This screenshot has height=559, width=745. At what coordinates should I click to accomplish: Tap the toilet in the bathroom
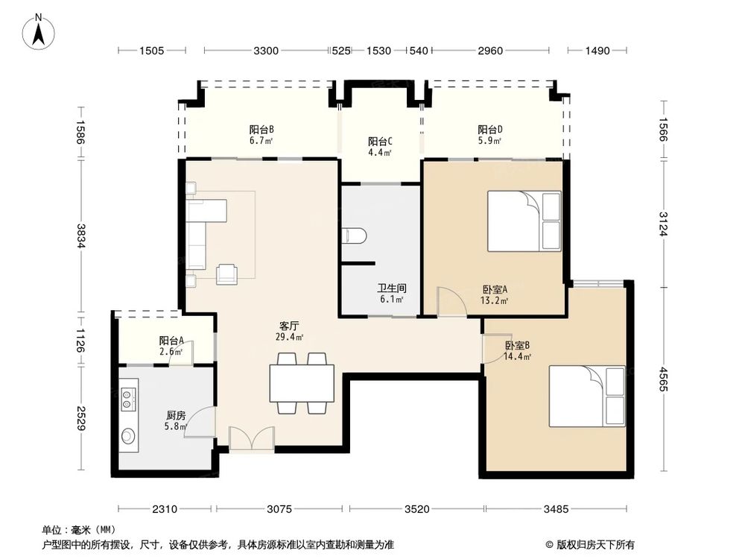click(355, 236)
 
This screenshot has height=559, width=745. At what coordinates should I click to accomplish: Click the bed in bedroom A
click(524, 221)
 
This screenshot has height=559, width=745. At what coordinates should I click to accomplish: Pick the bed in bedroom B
click(587, 397)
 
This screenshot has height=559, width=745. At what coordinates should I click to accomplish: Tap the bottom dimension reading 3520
click(417, 509)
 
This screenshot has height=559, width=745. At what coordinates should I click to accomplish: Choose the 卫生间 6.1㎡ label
click(390, 293)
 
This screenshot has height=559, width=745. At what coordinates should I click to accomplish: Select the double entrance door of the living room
click(251, 440)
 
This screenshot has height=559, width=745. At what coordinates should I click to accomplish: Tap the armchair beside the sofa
click(227, 274)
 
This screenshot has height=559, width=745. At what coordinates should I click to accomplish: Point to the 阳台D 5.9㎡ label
click(489, 133)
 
